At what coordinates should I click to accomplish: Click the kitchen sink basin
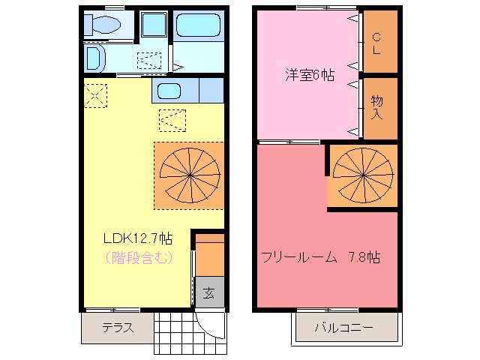point(169,91)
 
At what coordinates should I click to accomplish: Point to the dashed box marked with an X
point(95,96)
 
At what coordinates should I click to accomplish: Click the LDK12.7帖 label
point(137,238)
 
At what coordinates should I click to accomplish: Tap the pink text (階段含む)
point(137,258)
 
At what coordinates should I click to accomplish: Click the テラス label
point(117,327)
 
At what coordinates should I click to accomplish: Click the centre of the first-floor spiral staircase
point(189,175)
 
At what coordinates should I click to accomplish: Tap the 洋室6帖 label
point(308,75)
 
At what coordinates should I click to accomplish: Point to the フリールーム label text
point(297,257)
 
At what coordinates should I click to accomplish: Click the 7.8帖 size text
point(363,257)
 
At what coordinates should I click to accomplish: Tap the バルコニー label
point(344,328)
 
